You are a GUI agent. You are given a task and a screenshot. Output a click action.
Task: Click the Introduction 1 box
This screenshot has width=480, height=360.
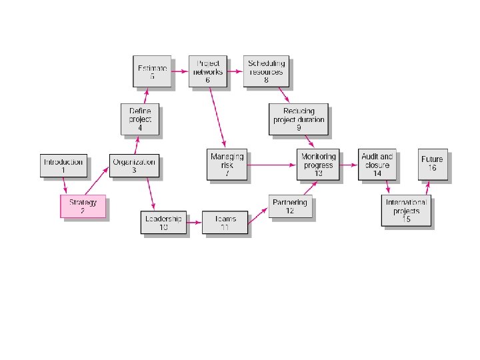[x=63, y=165]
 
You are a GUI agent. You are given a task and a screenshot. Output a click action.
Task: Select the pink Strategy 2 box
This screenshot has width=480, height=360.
[x=83, y=207]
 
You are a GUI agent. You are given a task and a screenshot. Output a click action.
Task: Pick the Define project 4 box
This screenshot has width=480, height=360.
[x=140, y=119]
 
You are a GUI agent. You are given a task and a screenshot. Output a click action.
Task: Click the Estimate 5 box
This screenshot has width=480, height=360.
[x=151, y=71]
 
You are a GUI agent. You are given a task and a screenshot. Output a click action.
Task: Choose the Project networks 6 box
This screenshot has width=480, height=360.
[x=207, y=71]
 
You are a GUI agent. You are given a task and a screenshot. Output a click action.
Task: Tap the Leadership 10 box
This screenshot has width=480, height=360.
[x=162, y=222]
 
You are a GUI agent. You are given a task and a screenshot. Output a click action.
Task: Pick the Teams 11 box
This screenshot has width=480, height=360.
[x=224, y=222]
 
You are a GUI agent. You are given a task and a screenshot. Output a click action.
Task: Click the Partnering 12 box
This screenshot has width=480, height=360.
[x=290, y=207]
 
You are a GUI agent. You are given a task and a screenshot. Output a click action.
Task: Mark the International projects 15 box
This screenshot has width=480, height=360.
[x=407, y=211]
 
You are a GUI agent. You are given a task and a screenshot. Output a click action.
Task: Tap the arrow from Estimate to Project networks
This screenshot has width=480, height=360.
[x=179, y=70]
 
